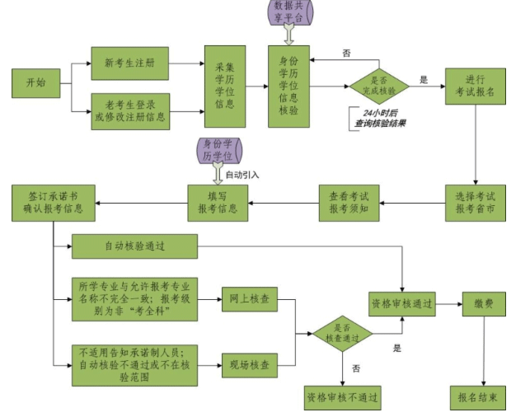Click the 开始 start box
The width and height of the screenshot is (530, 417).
(36, 83)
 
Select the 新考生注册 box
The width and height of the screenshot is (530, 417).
(130, 63)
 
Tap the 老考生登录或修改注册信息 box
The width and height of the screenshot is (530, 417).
(130, 110)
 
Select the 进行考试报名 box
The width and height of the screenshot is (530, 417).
(476, 85)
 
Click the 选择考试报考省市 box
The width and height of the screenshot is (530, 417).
(476, 203)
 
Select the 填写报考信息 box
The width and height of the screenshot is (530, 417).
(218, 203)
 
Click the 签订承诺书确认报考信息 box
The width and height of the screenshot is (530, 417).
(54, 203)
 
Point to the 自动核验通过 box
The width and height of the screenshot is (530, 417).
(134, 246)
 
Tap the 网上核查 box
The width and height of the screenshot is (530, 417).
(249, 298)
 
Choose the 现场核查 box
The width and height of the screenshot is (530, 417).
(249, 361)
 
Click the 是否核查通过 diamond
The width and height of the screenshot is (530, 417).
(342, 332)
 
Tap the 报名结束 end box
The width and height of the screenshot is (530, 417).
(477, 397)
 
